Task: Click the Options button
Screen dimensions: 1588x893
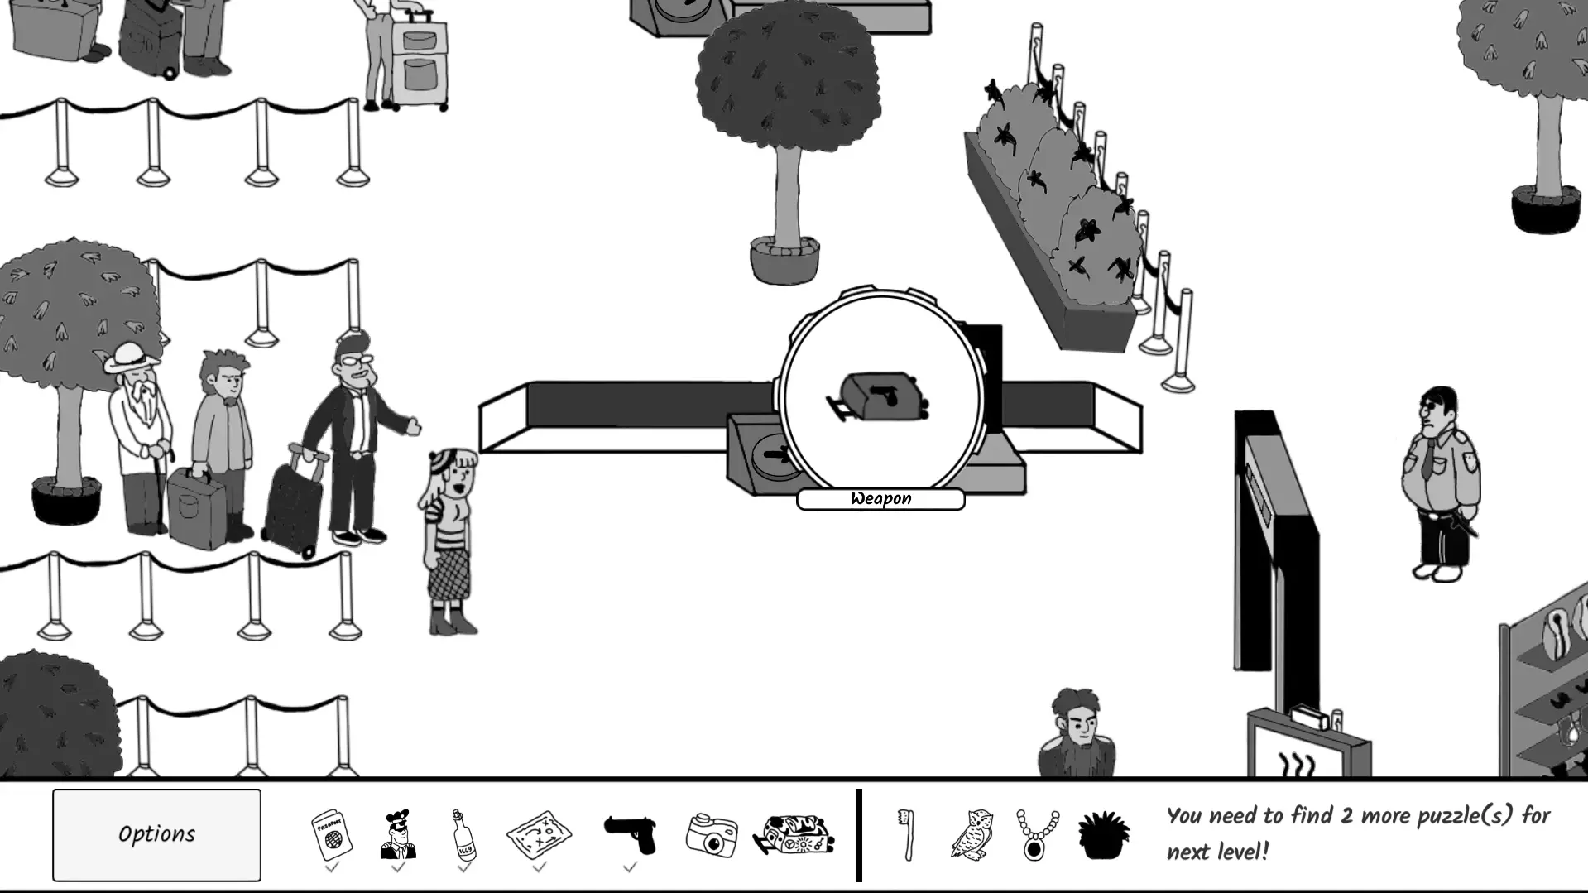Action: point(156,834)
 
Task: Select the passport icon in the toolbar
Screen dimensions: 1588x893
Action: point(332,834)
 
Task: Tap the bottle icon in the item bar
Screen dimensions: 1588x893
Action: point(464,834)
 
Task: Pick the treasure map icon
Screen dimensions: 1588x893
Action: point(539,834)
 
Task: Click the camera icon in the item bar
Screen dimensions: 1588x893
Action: point(712,835)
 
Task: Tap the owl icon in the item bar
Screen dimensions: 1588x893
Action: point(972,834)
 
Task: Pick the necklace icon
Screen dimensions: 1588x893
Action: point(1037,834)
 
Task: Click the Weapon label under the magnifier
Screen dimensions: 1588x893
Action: point(880,499)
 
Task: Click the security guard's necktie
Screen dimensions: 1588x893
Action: point(1427,459)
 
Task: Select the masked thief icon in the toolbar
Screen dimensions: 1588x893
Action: point(398,834)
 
